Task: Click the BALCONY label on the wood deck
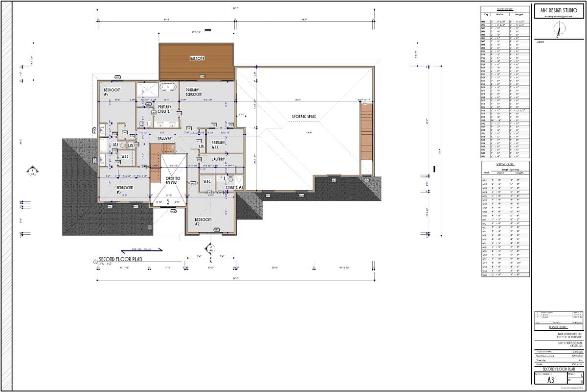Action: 197,58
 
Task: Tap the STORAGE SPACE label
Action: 304,116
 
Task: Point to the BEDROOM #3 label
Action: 125,189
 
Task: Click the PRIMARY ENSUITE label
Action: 164,109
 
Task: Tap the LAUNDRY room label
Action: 218,159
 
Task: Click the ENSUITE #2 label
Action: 235,187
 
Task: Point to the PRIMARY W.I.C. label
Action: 218,145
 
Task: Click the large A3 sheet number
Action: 550,378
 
